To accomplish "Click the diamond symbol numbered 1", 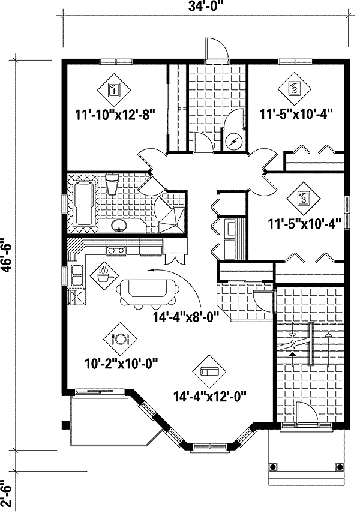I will tap(113, 91).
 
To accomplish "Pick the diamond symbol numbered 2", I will tap(295, 90).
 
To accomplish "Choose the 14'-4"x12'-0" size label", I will tap(210, 396).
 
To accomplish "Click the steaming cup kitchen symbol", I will tap(104, 275).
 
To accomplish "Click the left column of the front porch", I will tap(274, 467).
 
